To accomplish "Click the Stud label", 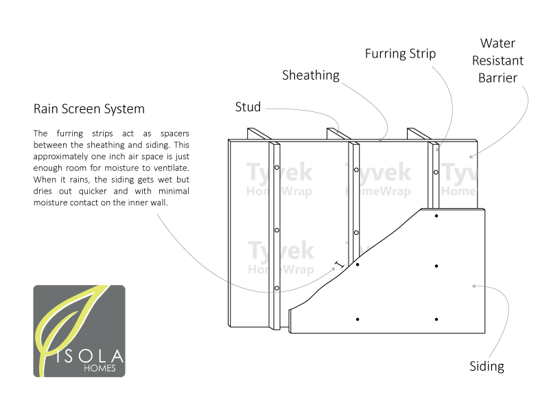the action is [248, 107].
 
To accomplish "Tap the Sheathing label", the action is [311, 76].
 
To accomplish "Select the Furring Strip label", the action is [400, 54].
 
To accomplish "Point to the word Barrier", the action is [498, 78].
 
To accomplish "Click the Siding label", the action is [487, 367].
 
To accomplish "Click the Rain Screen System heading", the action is [89, 109].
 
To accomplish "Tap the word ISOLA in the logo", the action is [89, 356].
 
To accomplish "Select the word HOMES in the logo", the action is [100, 368].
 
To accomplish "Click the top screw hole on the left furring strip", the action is [277, 168].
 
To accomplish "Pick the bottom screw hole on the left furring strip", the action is [277, 288].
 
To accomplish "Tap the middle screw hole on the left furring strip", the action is [277, 230].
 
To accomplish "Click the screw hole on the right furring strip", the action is [436, 172].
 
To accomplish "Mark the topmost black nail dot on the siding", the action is [436, 216].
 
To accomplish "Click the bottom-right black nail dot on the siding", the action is [436, 319].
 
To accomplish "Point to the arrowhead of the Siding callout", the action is [474, 286].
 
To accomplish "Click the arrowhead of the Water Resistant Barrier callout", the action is [471, 157].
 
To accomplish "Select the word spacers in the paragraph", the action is [175, 134].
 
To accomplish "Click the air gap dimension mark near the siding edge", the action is [339, 265].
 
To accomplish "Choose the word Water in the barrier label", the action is [498, 43].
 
